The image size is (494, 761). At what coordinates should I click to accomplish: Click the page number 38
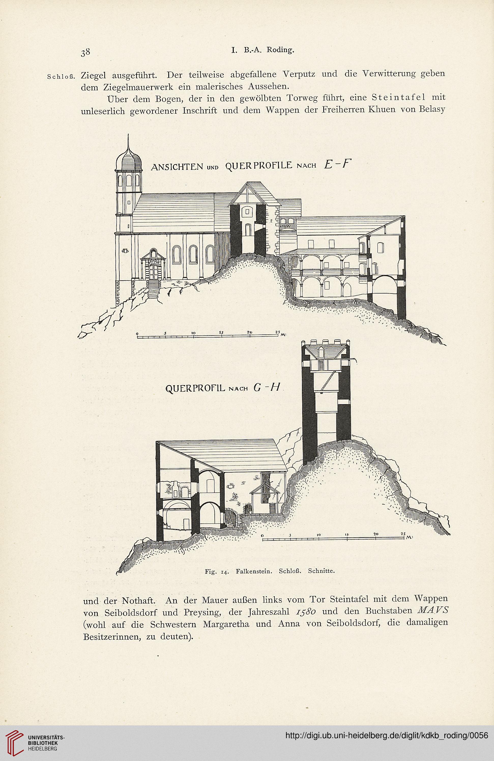tap(86, 53)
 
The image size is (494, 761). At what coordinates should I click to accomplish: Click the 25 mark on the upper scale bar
tap(277, 332)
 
